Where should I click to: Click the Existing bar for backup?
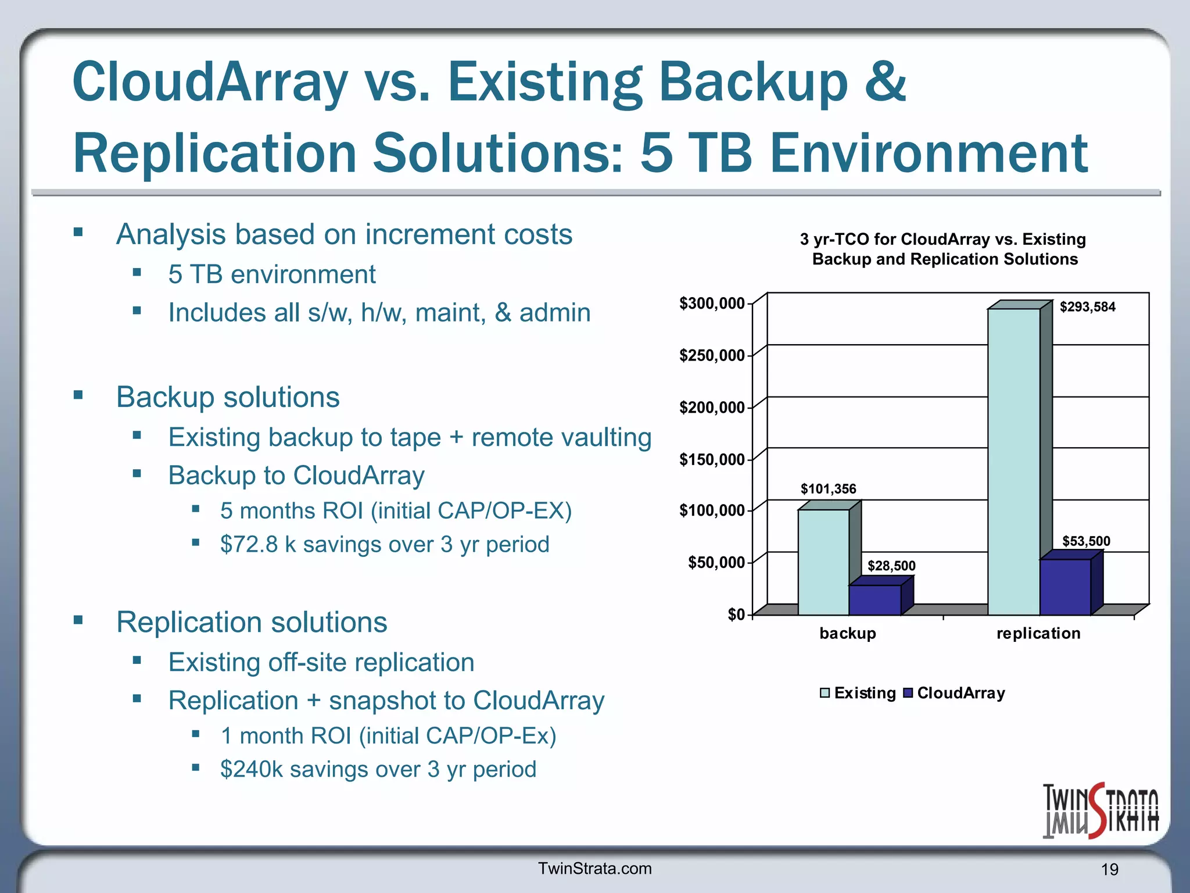pyautogui.click(x=823, y=562)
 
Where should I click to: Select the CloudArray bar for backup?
pyautogui.click(x=875, y=600)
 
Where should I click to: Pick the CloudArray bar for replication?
pyautogui.click(x=1065, y=587)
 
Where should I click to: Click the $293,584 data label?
pyautogui.click(x=1087, y=307)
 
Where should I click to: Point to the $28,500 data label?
pyautogui.click(x=891, y=566)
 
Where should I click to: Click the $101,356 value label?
pyautogui.click(x=828, y=489)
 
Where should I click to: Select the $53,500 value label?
pyautogui.click(x=1086, y=541)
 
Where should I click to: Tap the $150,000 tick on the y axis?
pyautogui.click(x=712, y=460)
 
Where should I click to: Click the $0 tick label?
pyautogui.click(x=736, y=615)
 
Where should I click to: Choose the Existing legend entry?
pyautogui.click(x=858, y=693)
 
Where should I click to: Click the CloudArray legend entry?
pyautogui.click(x=955, y=693)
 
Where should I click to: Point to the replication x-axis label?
pyautogui.click(x=1038, y=633)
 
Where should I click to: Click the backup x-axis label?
pyautogui.click(x=848, y=633)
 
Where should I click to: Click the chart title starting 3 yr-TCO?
pyautogui.click(x=944, y=249)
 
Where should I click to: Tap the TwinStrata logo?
pyautogui.click(x=1100, y=812)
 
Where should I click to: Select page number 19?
pyautogui.click(x=1109, y=870)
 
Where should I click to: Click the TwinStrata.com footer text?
pyautogui.click(x=595, y=869)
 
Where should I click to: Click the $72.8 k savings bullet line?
pyautogui.click(x=384, y=545)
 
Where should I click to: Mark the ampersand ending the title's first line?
pyautogui.click(x=885, y=81)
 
